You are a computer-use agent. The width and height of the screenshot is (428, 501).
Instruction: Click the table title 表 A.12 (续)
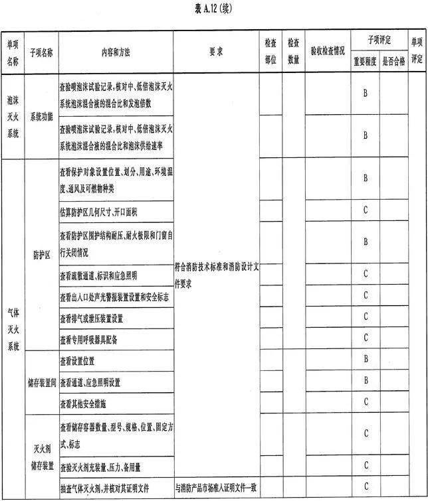pos(214,9)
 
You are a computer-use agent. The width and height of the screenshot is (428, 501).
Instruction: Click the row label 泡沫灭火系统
pos(13,117)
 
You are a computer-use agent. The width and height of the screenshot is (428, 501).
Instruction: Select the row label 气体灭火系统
pos(13,327)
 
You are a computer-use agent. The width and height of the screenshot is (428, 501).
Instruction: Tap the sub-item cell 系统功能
pos(41,117)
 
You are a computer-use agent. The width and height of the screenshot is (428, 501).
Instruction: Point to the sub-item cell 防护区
pos(41,255)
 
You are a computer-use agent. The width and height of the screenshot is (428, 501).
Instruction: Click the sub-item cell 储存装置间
pos(41,383)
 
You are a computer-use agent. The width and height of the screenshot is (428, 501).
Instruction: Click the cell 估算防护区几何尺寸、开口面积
pos(98,212)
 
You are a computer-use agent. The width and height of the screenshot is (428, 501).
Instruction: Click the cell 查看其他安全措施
pos(82,403)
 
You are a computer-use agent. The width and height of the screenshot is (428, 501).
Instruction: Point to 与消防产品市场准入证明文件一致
pos(216,488)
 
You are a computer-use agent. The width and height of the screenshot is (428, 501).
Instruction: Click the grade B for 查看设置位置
pos(365,360)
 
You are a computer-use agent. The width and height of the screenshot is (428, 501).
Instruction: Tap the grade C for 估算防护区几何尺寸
pos(365,211)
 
